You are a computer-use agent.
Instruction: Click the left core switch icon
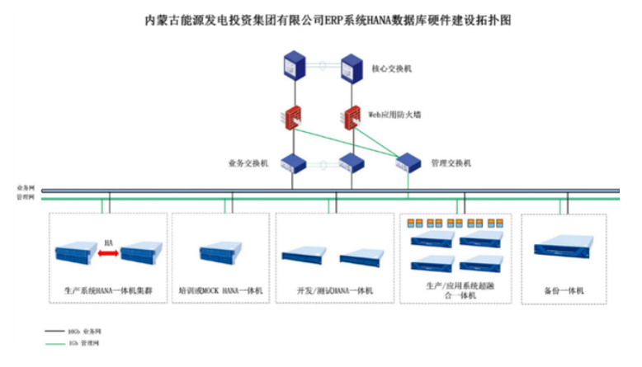(x=294, y=66)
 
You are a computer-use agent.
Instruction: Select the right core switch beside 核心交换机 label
(x=352, y=66)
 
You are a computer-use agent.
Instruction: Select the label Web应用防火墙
(x=394, y=115)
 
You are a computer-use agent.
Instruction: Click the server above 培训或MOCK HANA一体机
(x=220, y=253)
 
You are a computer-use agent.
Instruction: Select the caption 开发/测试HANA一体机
(x=335, y=290)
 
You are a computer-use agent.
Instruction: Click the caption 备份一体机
(x=564, y=290)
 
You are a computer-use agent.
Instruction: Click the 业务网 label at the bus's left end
(x=25, y=189)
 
